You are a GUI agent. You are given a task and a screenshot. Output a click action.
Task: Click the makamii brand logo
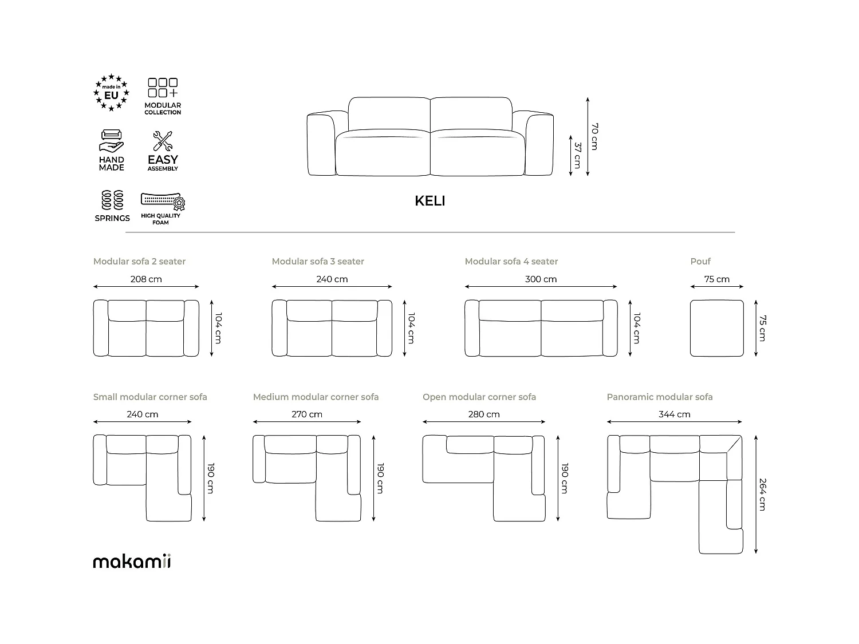click(x=132, y=561)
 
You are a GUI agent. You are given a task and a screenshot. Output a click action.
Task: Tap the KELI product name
click(x=429, y=201)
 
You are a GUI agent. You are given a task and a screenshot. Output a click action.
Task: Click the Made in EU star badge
click(x=112, y=93)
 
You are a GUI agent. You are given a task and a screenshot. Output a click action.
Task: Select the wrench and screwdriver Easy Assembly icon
click(x=163, y=141)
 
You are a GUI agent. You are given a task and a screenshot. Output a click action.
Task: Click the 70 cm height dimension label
click(x=594, y=136)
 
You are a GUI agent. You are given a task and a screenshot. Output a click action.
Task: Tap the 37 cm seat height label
click(x=577, y=155)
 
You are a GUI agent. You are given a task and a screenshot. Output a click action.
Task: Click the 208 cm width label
click(x=146, y=279)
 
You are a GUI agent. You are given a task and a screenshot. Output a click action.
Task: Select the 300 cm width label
click(x=541, y=279)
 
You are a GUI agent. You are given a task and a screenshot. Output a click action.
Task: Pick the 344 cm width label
click(x=674, y=414)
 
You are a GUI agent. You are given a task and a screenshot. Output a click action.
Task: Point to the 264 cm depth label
click(x=762, y=494)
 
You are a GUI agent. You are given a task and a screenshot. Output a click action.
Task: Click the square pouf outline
click(x=716, y=328)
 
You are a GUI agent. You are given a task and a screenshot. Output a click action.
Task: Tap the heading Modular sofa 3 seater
click(x=318, y=262)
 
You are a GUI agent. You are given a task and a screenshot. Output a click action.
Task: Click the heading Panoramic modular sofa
click(x=660, y=397)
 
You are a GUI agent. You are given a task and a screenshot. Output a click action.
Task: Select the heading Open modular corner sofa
click(x=479, y=397)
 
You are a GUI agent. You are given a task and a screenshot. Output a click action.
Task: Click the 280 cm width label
click(x=484, y=414)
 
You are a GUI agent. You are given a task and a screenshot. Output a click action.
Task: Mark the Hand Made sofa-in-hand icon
click(x=112, y=141)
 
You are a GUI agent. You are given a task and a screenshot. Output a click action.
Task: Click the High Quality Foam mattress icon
click(x=163, y=202)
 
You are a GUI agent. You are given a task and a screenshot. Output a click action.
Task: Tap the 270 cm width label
click(x=307, y=414)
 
